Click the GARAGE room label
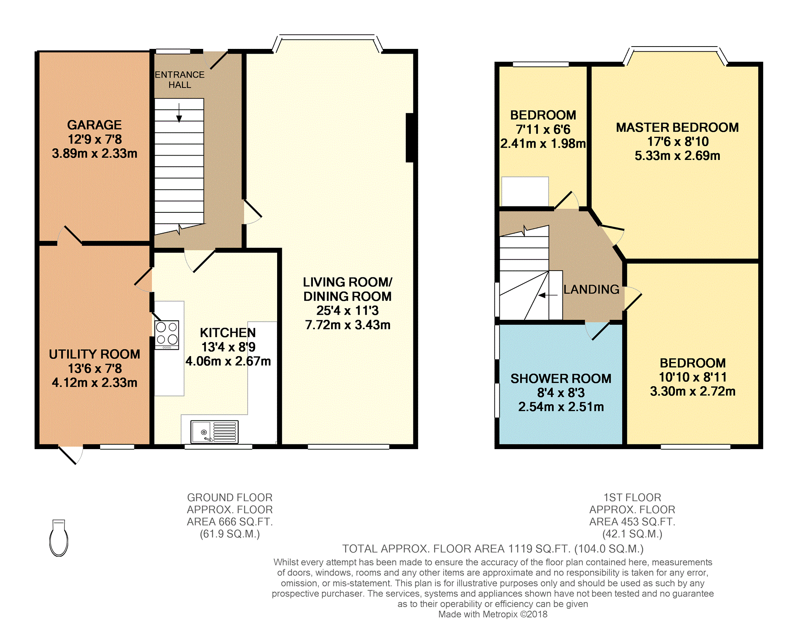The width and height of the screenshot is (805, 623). pyautogui.click(x=94, y=125)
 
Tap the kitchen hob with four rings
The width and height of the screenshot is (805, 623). pyautogui.click(x=167, y=335)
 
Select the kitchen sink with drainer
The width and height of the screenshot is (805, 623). pyautogui.click(x=214, y=432)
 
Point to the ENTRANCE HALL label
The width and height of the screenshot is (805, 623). pyautogui.click(x=180, y=80)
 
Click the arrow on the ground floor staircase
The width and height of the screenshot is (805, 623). pyautogui.click(x=179, y=113)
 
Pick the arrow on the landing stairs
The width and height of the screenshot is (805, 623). pyautogui.click(x=548, y=295)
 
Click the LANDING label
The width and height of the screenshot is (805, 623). pyautogui.click(x=592, y=289)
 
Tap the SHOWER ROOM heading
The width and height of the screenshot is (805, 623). pyautogui.click(x=561, y=378)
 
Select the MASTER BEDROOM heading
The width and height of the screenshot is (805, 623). pyautogui.click(x=677, y=127)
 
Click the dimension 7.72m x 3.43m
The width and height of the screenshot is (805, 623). pyautogui.click(x=348, y=325)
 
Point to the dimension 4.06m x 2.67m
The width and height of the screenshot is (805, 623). pyautogui.click(x=228, y=361)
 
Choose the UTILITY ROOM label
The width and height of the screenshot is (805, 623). pyautogui.click(x=95, y=354)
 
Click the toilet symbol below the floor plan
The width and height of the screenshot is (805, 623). pyautogui.click(x=58, y=538)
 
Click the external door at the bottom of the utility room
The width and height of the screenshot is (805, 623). pyautogui.click(x=71, y=455)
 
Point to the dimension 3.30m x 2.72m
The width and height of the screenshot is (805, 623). pyautogui.click(x=693, y=391)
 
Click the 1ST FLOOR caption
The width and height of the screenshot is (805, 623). pyautogui.click(x=632, y=497)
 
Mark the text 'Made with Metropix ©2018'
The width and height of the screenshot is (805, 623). pyautogui.click(x=493, y=614)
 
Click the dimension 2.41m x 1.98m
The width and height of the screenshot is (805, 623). pyautogui.click(x=543, y=144)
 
